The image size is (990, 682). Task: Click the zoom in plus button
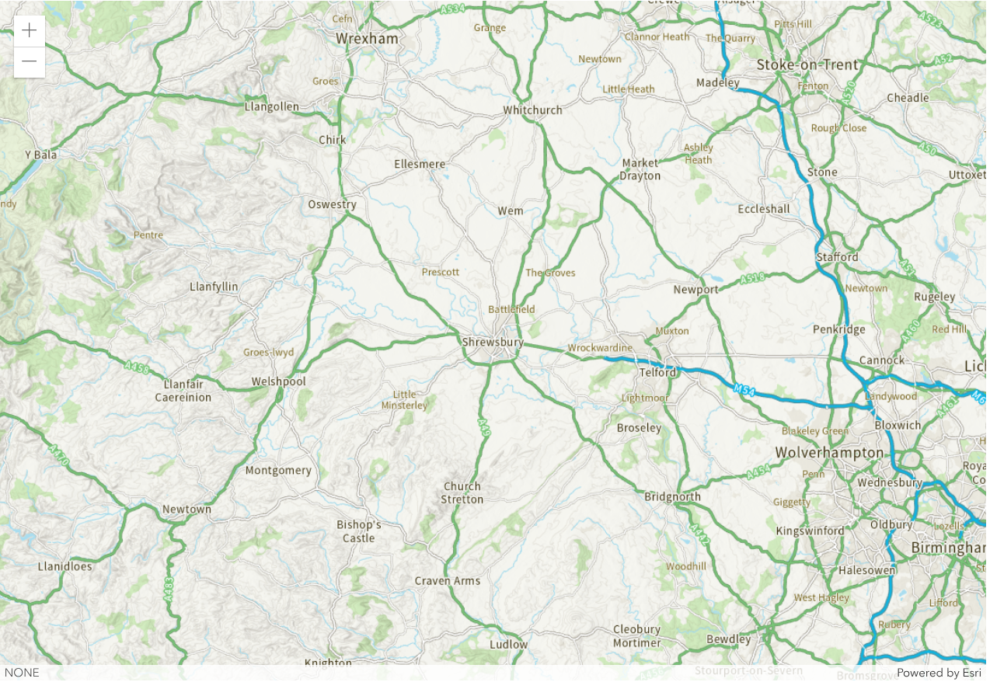pos(30,31)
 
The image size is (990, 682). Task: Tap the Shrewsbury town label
pos(493,342)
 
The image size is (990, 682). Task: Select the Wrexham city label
pos(367,39)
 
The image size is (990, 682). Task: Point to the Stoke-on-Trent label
pos(807,64)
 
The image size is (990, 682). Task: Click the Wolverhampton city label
pos(829,453)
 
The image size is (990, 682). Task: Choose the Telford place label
pos(658,372)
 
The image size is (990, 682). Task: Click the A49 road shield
pos(484,426)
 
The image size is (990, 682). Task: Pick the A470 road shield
pos(58,455)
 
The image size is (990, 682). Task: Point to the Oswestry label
pos(332,205)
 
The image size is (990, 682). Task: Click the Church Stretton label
pos(462,493)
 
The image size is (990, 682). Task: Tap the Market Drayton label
pos(640,169)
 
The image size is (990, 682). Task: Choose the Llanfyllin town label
pos(214,287)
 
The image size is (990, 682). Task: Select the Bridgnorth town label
pos(672,497)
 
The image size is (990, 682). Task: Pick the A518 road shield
pos(752,277)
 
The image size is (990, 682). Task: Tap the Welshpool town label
pos(278,381)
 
